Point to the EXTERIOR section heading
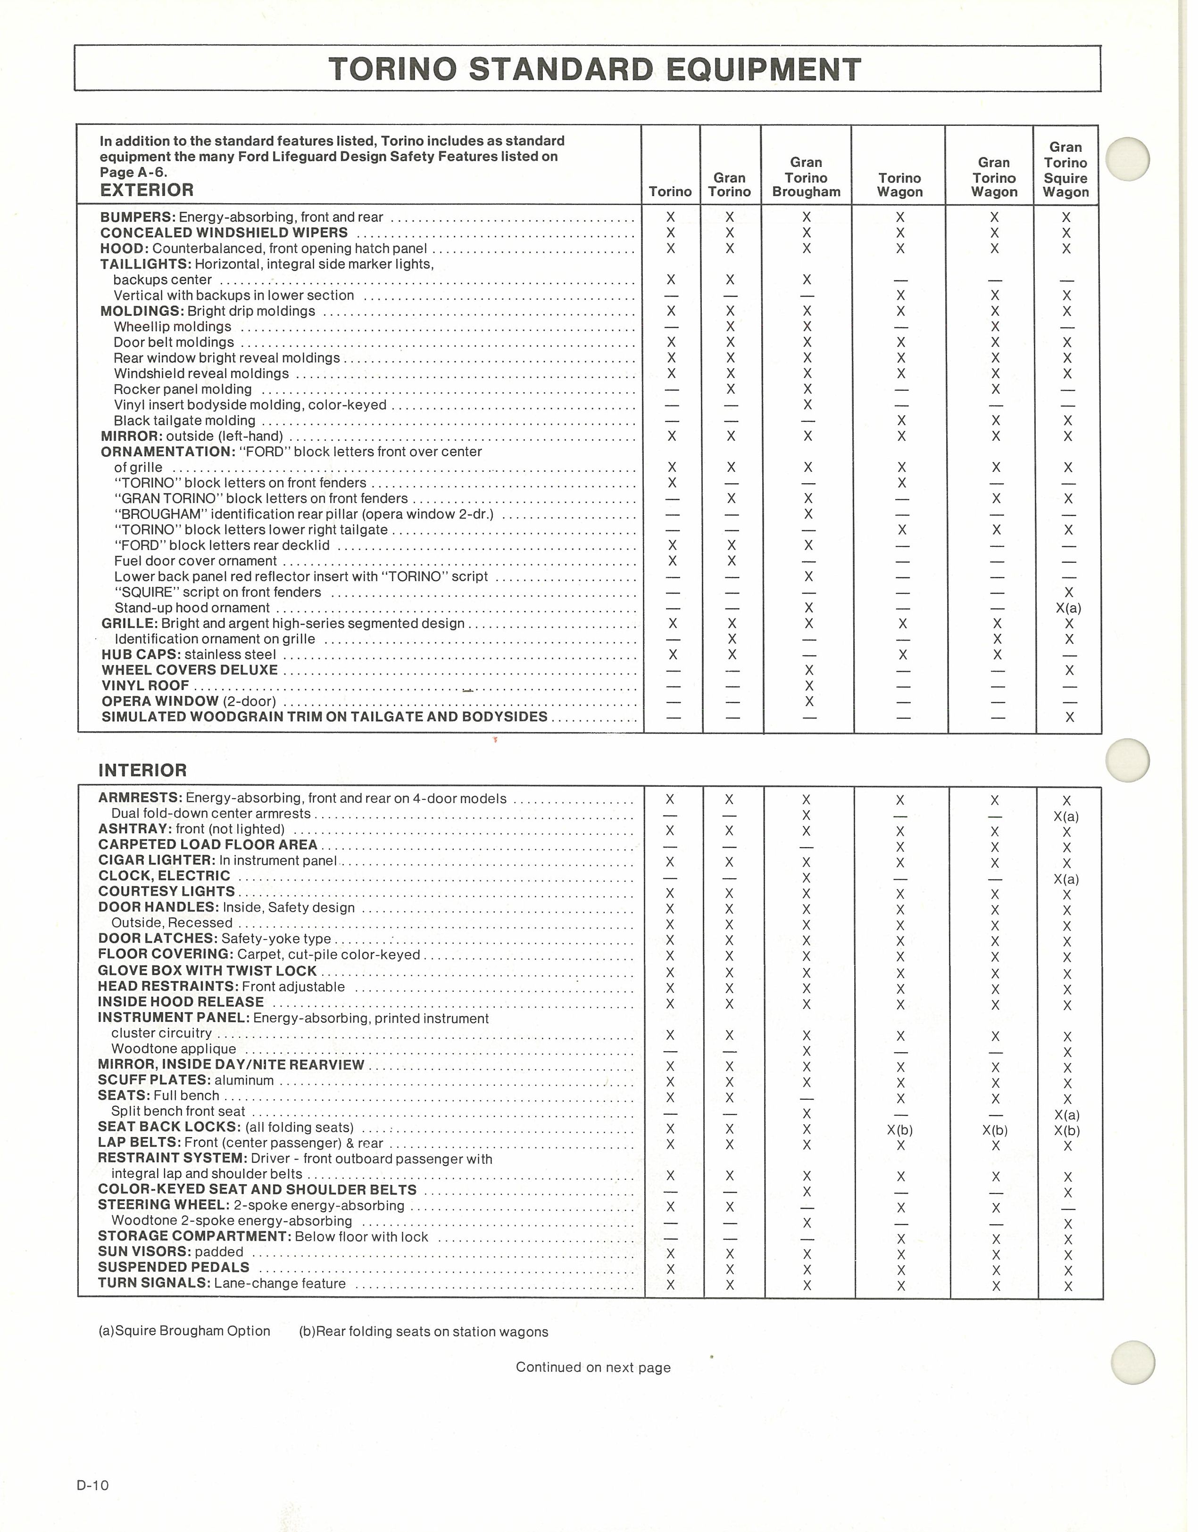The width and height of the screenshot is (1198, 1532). pyautogui.click(x=147, y=190)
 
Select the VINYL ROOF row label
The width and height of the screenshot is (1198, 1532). pyautogui.click(x=145, y=685)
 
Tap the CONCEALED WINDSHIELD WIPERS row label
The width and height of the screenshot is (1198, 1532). pyautogui.click(x=224, y=233)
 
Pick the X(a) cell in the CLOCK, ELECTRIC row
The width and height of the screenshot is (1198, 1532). pyautogui.click(x=1066, y=879)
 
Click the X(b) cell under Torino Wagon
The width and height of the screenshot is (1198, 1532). pyautogui.click(x=900, y=1130)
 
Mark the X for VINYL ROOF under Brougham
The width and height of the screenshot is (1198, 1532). pyautogui.click(x=808, y=685)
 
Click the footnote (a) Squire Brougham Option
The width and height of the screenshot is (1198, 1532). pyautogui.click(x=184, y=1331)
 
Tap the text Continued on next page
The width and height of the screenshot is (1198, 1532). pyautogui.click(x=593, y=1367)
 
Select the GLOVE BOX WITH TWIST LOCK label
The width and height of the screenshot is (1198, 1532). pyautogui.click(x=207, y=971)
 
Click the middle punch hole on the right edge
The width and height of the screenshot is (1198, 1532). pyautogui.click(x=1127, y=760)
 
